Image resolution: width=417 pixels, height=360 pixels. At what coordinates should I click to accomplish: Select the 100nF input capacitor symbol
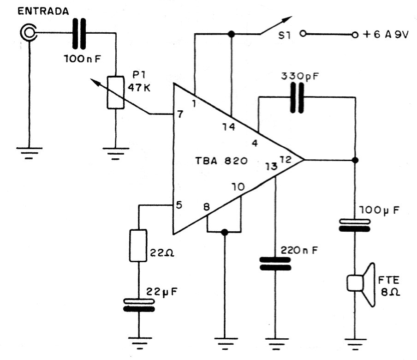point(79,33)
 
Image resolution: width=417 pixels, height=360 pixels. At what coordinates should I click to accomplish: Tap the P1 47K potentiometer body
point(115,92)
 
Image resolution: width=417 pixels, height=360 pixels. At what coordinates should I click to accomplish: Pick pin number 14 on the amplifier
point(228,127)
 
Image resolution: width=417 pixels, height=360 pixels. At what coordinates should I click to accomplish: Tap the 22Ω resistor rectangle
point(138,246)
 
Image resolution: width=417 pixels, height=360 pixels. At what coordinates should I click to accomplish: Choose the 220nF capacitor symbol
point(275,263)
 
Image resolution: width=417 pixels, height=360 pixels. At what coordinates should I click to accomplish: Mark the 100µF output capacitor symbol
point(354,224)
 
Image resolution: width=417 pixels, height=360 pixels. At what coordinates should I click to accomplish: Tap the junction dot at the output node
point(354,160)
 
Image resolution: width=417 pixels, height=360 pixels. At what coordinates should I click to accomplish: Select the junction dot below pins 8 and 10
point(225,232)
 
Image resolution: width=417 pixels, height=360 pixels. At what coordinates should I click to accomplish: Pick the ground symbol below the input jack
point(30,152)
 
